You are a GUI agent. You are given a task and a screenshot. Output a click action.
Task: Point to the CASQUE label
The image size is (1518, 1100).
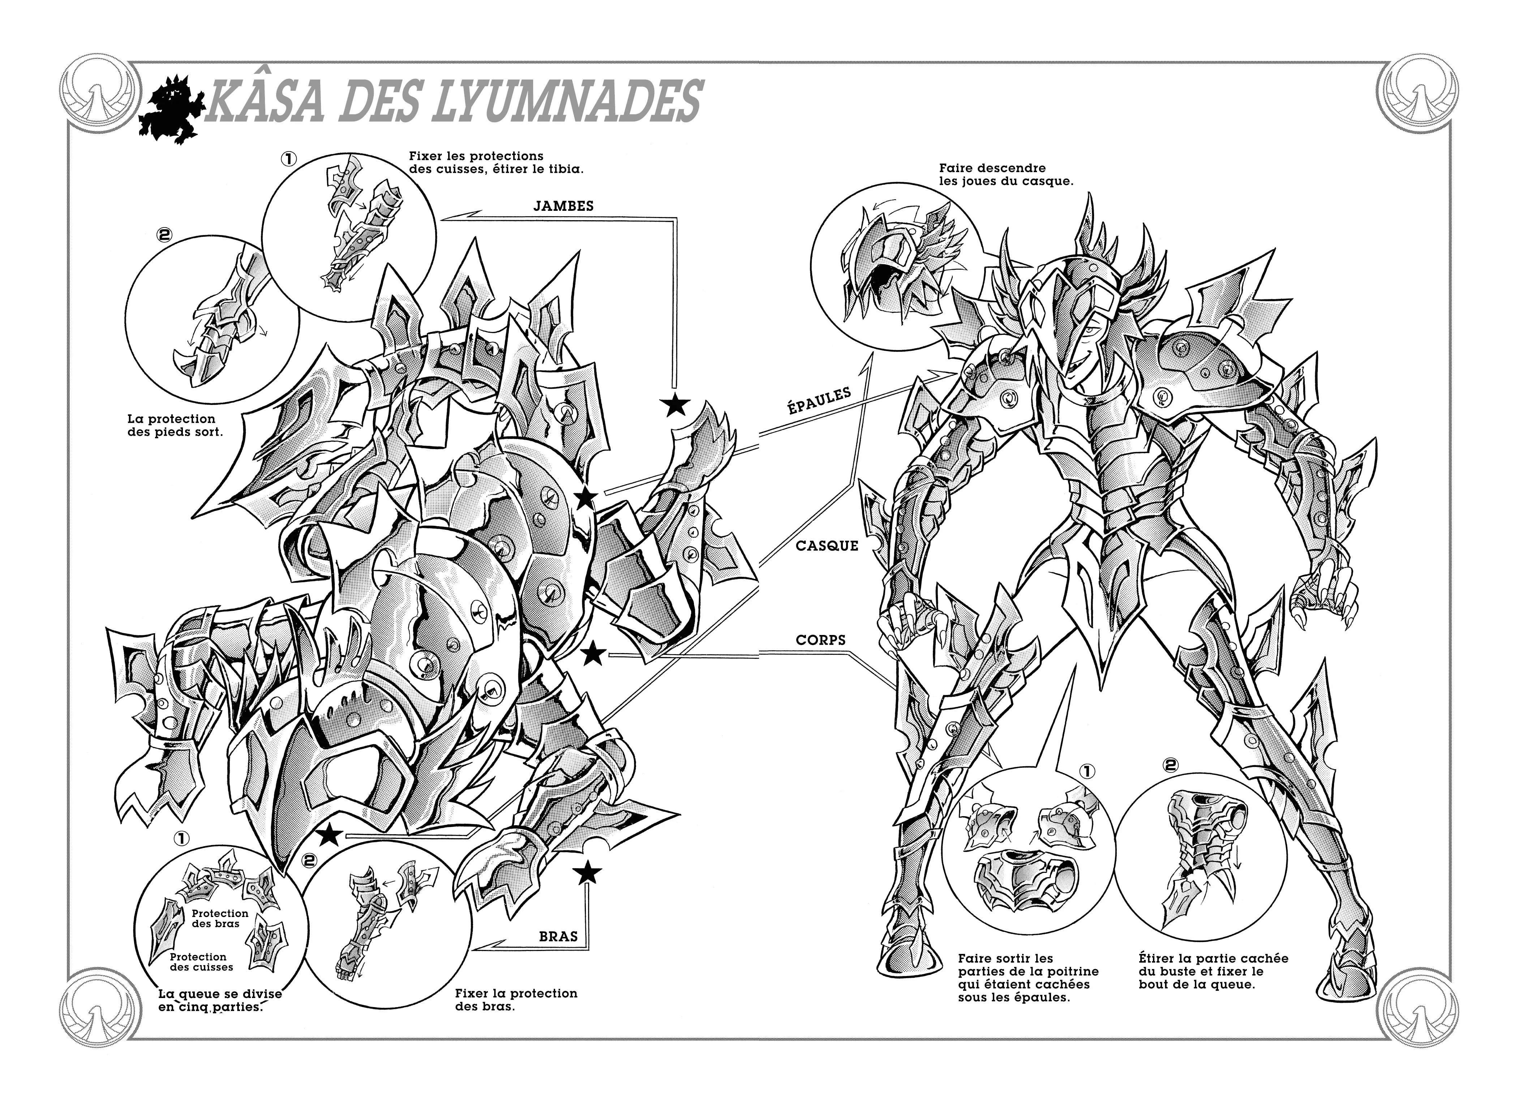click(x=827, y=546)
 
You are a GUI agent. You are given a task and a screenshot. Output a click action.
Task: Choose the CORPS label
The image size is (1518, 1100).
click(x=820, y=640)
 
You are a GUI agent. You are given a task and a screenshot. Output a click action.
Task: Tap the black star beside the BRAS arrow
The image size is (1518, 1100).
click(x=588, y=872)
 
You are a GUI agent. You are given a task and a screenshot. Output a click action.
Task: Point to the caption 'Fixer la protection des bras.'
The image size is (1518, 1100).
click(x=515, y=999)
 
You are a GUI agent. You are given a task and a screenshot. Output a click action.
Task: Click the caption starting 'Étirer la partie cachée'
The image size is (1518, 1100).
click(x=1213, y=972)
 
